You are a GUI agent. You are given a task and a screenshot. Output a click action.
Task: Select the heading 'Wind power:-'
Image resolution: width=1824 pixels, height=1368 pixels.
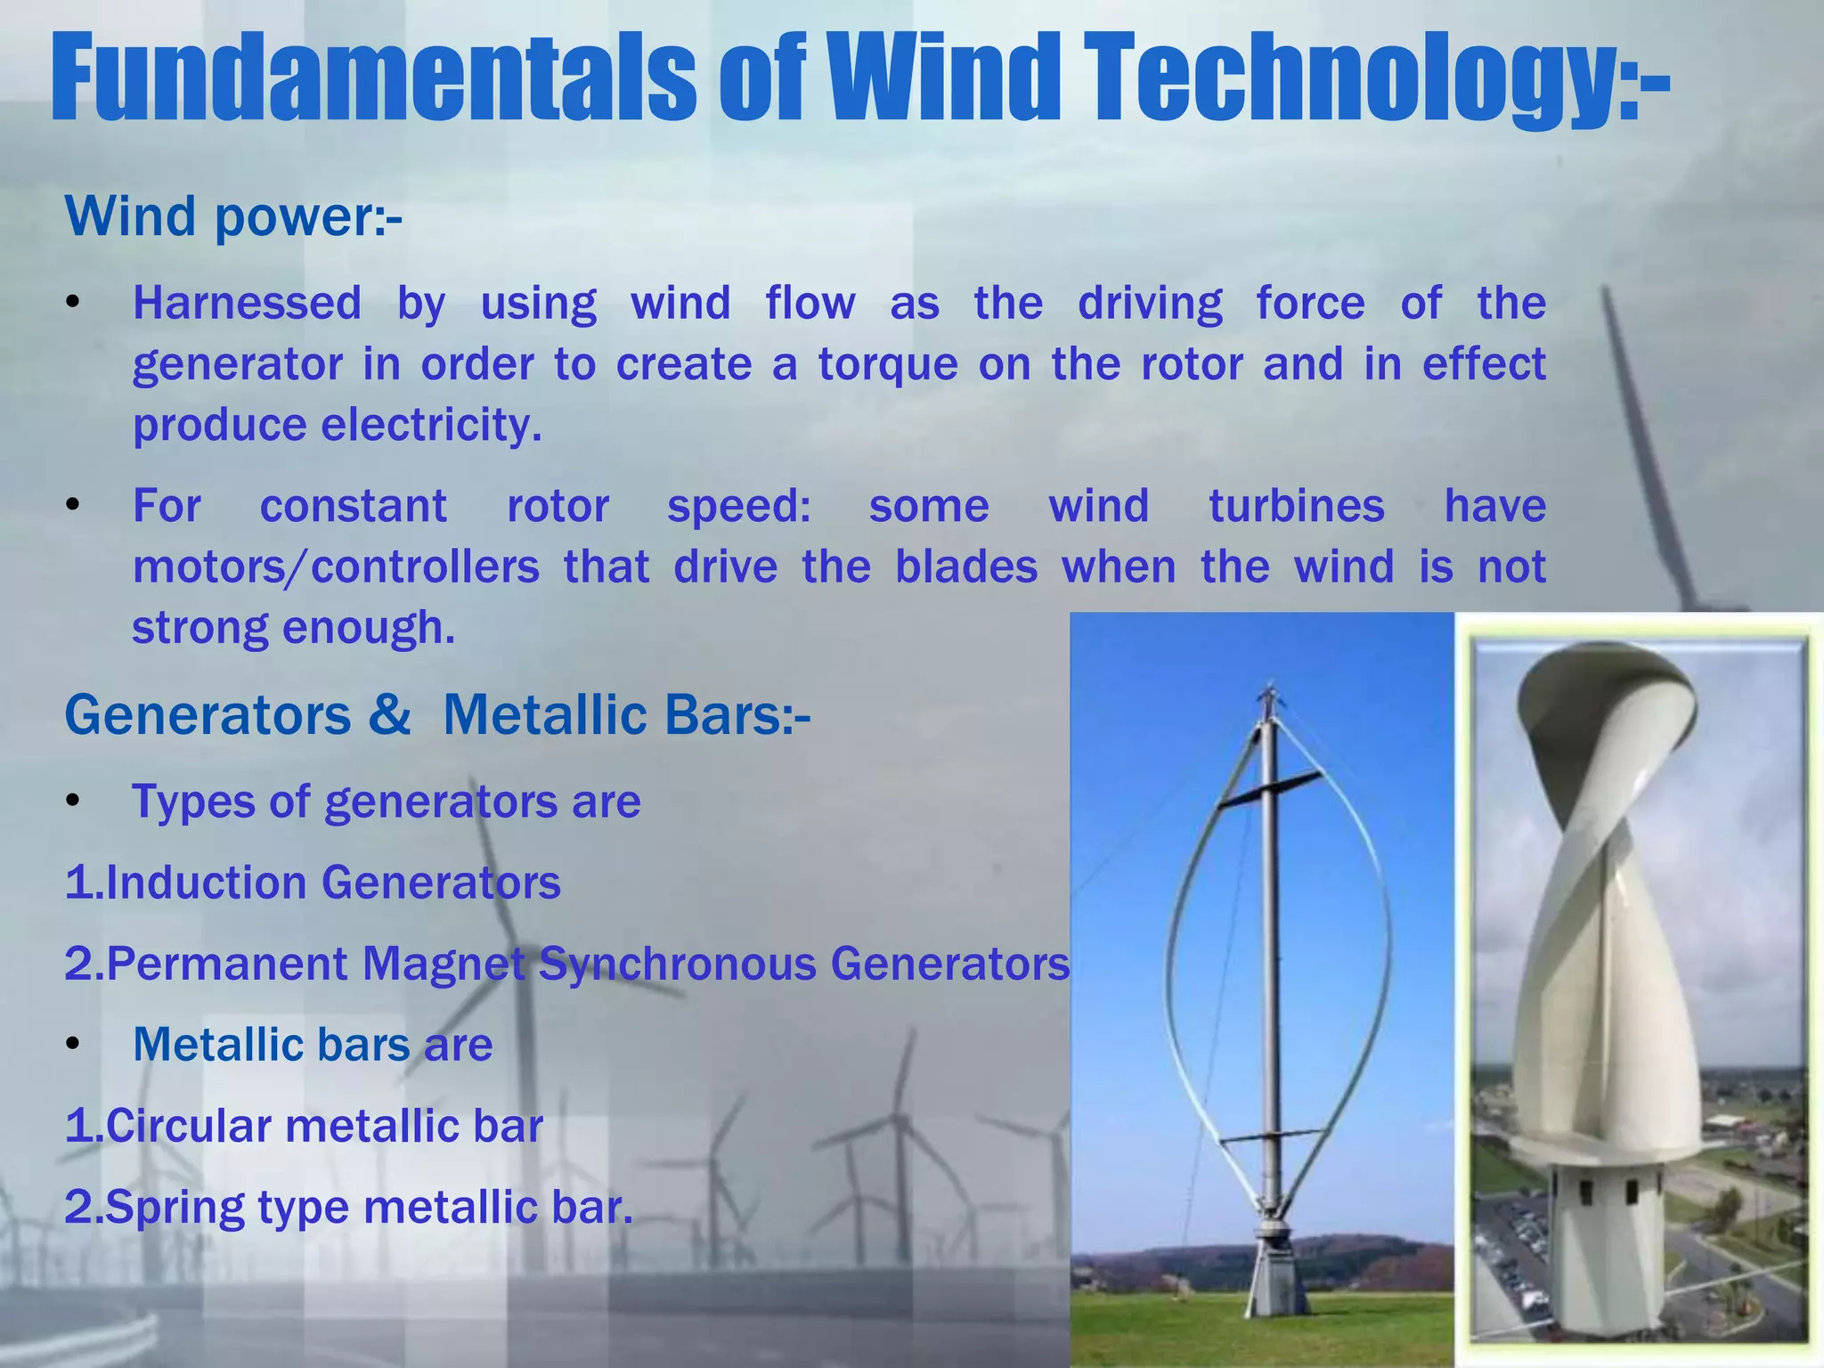(x=233, y=216)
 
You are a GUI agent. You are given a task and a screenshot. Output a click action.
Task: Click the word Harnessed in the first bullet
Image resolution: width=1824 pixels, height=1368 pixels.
(x=247, y=303)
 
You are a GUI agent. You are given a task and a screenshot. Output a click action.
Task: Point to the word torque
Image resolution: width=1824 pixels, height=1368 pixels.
(x=887, y=365)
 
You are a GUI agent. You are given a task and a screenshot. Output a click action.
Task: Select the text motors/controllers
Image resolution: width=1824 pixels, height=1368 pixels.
(x=336, y=567)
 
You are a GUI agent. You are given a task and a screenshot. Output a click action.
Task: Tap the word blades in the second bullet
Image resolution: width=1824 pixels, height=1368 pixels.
(x=965, y=567)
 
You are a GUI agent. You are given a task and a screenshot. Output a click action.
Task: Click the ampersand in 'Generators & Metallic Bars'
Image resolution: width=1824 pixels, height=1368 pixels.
(x=389, y=715)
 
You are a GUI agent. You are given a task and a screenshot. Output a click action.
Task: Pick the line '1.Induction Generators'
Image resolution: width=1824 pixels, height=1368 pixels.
(x=313, y=883)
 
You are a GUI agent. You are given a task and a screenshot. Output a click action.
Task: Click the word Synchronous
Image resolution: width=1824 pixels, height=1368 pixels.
(x=677, y=964)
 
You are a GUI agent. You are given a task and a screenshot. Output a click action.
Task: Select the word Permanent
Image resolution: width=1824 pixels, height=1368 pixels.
(x=227, y=964)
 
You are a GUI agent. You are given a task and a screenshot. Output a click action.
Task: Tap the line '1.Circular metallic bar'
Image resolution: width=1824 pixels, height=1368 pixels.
(x=304, y=1126)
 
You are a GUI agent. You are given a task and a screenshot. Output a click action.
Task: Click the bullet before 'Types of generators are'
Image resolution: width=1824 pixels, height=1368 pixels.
(x=74, y=802)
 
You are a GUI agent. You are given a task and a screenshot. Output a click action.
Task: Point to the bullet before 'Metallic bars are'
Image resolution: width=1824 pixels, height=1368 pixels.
(x=74, y=1045)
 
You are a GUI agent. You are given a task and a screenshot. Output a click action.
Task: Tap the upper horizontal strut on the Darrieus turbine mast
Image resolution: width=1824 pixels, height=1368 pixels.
(x=1268, y=790)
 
